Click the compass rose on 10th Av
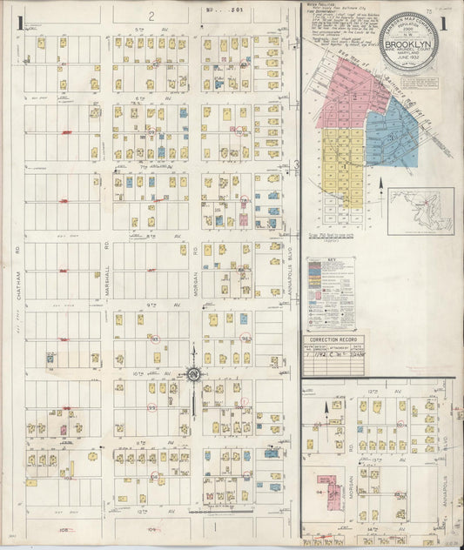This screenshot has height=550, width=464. tap(193, 374)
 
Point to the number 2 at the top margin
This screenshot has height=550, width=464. tap(150, 16)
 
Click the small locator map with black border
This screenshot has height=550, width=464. tap(420, 211)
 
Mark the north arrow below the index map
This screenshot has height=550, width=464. tap(381, 185)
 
